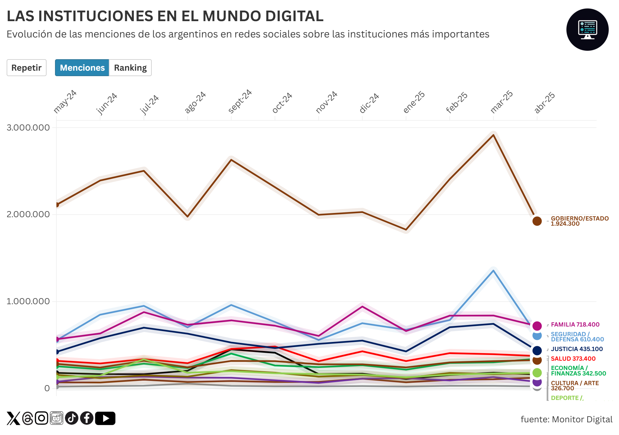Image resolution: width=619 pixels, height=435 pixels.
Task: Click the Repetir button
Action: point(27,68)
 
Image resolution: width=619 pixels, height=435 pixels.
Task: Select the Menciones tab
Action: point(82,68)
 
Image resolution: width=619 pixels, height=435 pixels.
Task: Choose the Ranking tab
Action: point(130,68)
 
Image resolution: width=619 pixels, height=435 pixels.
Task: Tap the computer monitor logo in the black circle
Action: point(587,30)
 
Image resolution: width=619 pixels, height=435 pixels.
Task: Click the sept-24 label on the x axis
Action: point(240,101)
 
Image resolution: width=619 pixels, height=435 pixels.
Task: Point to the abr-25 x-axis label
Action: point(545,103)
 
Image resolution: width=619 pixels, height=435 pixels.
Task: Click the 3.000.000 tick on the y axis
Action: point(28,127)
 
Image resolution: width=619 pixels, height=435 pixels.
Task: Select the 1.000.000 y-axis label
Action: point(28,301)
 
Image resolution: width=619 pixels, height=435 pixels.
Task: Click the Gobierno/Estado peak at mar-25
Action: point(493,135)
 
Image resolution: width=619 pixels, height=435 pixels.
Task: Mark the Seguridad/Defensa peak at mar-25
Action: point(493,271)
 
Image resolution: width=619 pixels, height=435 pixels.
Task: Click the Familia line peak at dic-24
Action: point(362,307)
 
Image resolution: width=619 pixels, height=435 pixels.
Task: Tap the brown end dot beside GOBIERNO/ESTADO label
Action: point(537,221)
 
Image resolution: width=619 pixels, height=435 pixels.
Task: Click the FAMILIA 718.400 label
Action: point(575,324)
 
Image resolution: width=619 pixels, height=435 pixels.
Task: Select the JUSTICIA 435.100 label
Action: point(577,349)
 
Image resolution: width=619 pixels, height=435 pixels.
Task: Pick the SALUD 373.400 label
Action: point(573,359)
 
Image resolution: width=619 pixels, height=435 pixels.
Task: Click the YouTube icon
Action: point(105,418)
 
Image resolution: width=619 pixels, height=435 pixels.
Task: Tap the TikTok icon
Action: point(72,418)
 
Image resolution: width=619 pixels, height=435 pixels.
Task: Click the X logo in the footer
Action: point(13,418)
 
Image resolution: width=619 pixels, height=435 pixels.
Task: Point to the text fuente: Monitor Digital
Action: point(566,419)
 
